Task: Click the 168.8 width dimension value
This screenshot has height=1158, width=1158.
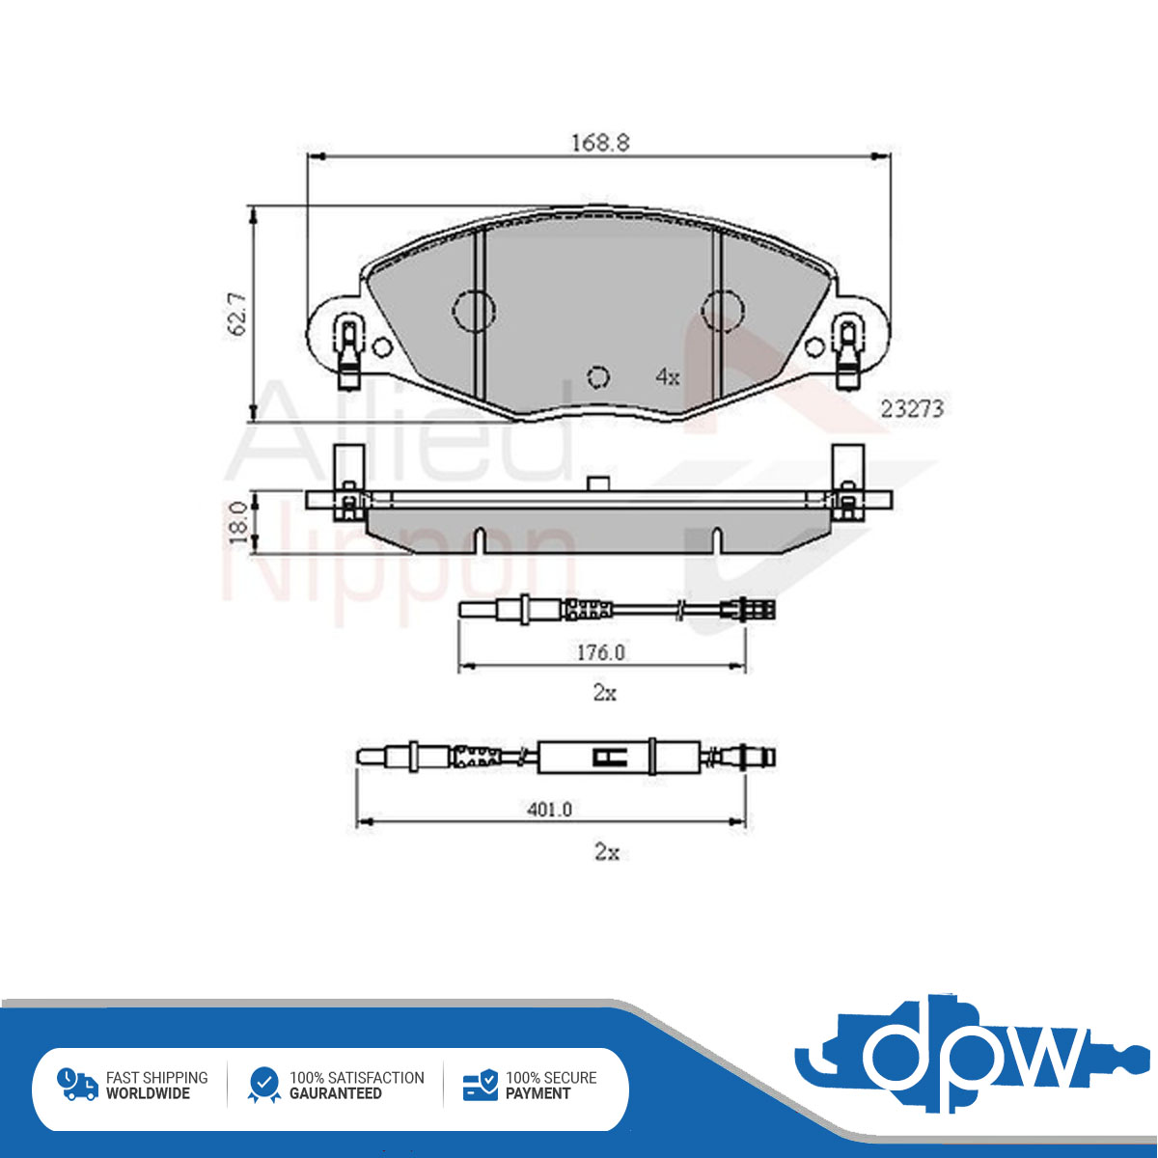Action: [x=599, y=143]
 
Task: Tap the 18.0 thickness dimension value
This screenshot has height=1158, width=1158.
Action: [x=238, y=522]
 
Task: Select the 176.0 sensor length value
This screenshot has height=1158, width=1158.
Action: [x=601, y=652]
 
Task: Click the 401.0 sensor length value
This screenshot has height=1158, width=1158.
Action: [x=550, y=810]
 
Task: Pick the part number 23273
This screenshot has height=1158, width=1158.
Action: [x=912, y=409]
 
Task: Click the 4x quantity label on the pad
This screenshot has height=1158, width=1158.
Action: [x=668, y=376]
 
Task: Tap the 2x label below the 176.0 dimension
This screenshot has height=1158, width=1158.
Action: [x=604, y=693]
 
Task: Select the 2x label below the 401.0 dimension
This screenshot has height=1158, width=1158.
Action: [x=606, y=851]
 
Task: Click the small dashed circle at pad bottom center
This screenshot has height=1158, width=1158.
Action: [x=598, y=376]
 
